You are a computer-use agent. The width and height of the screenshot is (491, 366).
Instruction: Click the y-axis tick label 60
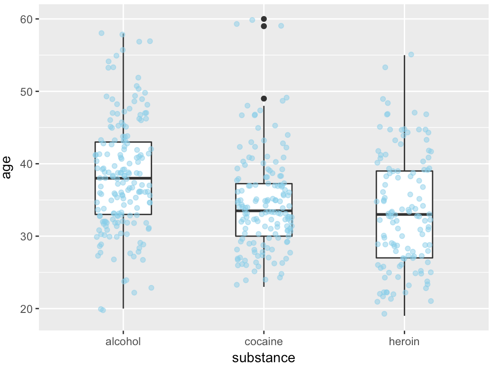[x=27, y=19]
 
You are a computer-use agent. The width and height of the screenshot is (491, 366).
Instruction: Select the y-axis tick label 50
[x=27, y=91]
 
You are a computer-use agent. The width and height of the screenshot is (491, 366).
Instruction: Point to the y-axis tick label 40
[x=27, y=164]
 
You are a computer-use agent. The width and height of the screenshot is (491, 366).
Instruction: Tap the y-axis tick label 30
[x=27, y=236]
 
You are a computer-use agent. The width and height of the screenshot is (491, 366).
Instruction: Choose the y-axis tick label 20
[x=27, y=309]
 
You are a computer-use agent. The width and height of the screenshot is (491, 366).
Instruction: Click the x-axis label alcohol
[x=123, y=342]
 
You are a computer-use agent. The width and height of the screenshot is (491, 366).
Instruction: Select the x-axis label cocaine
[x=264, y=342]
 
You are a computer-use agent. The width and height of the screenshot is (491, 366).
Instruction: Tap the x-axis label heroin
[x=404, y=342]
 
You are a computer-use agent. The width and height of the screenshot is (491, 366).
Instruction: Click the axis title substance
[x=264, y=357]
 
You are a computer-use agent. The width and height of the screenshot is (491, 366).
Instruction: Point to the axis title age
[x=7, y=168]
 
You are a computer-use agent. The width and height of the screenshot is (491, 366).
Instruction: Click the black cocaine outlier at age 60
[x=264, y=19]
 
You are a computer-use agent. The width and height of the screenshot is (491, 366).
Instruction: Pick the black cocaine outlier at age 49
[x=264, y=99]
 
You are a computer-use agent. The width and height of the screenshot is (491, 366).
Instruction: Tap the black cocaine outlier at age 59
[x=264, y=26]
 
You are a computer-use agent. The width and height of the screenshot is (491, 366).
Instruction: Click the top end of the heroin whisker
[x=404, y=55]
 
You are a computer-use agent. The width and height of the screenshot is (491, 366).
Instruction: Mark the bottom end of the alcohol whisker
[x=123, y=308]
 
